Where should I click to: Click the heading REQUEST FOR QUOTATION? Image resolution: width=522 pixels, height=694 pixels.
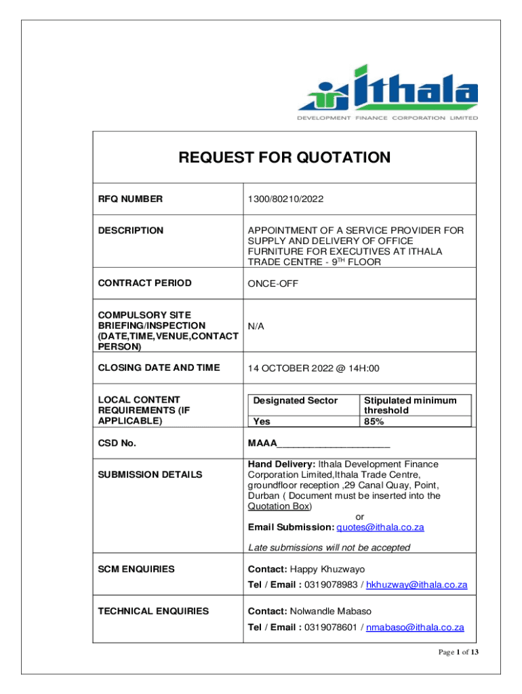tap(284, 158)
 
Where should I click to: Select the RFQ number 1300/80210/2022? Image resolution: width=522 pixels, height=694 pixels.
tap(285, 199)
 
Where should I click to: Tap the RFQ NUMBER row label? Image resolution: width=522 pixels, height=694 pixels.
tap(130, 199)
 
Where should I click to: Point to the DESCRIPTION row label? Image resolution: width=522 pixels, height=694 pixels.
tap(130, 230)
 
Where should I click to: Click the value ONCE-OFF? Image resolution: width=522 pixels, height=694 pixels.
tap(272, 283)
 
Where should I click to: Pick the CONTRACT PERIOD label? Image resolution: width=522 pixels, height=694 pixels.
tap(144, 283)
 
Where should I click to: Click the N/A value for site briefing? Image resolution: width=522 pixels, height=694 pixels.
tap(256, 326)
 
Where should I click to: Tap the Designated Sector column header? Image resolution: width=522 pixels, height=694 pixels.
tap(295, 401)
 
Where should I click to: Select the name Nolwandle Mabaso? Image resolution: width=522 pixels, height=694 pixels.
tap(331, 611)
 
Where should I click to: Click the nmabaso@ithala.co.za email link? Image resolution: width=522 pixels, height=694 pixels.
tap(415, 628)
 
